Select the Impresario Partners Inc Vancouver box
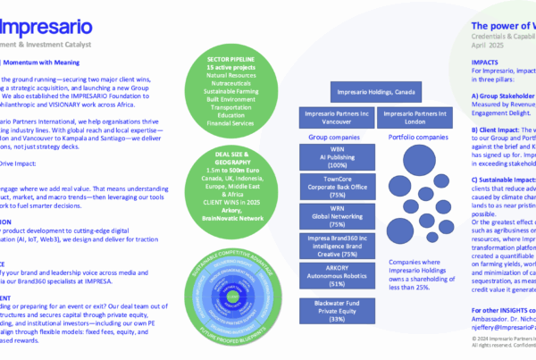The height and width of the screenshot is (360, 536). click(x=332, y=119)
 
